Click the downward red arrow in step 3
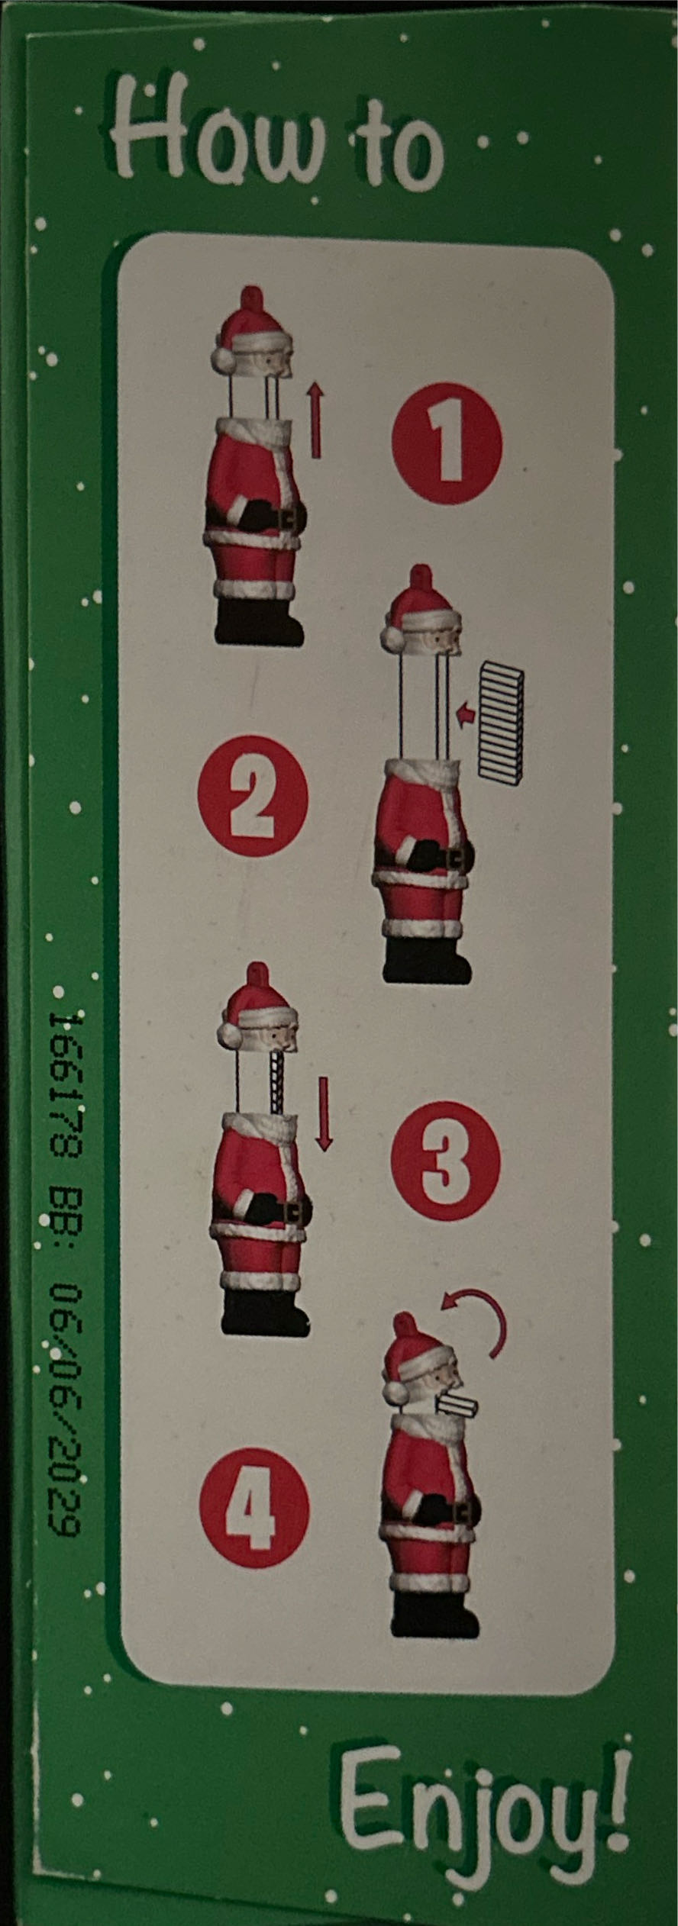pyautogui.click(x=324, y=1113)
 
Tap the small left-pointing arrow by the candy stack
pyautogui.click(x=465, y=714)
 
